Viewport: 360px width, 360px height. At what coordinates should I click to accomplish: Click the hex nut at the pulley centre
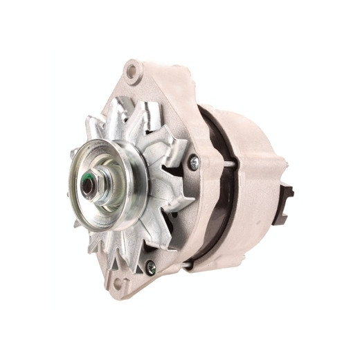(x=93, y=185)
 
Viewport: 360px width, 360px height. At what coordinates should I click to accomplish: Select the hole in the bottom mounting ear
(x=118, y=282)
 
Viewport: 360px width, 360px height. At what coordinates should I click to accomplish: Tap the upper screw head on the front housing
(x=194, y=163)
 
